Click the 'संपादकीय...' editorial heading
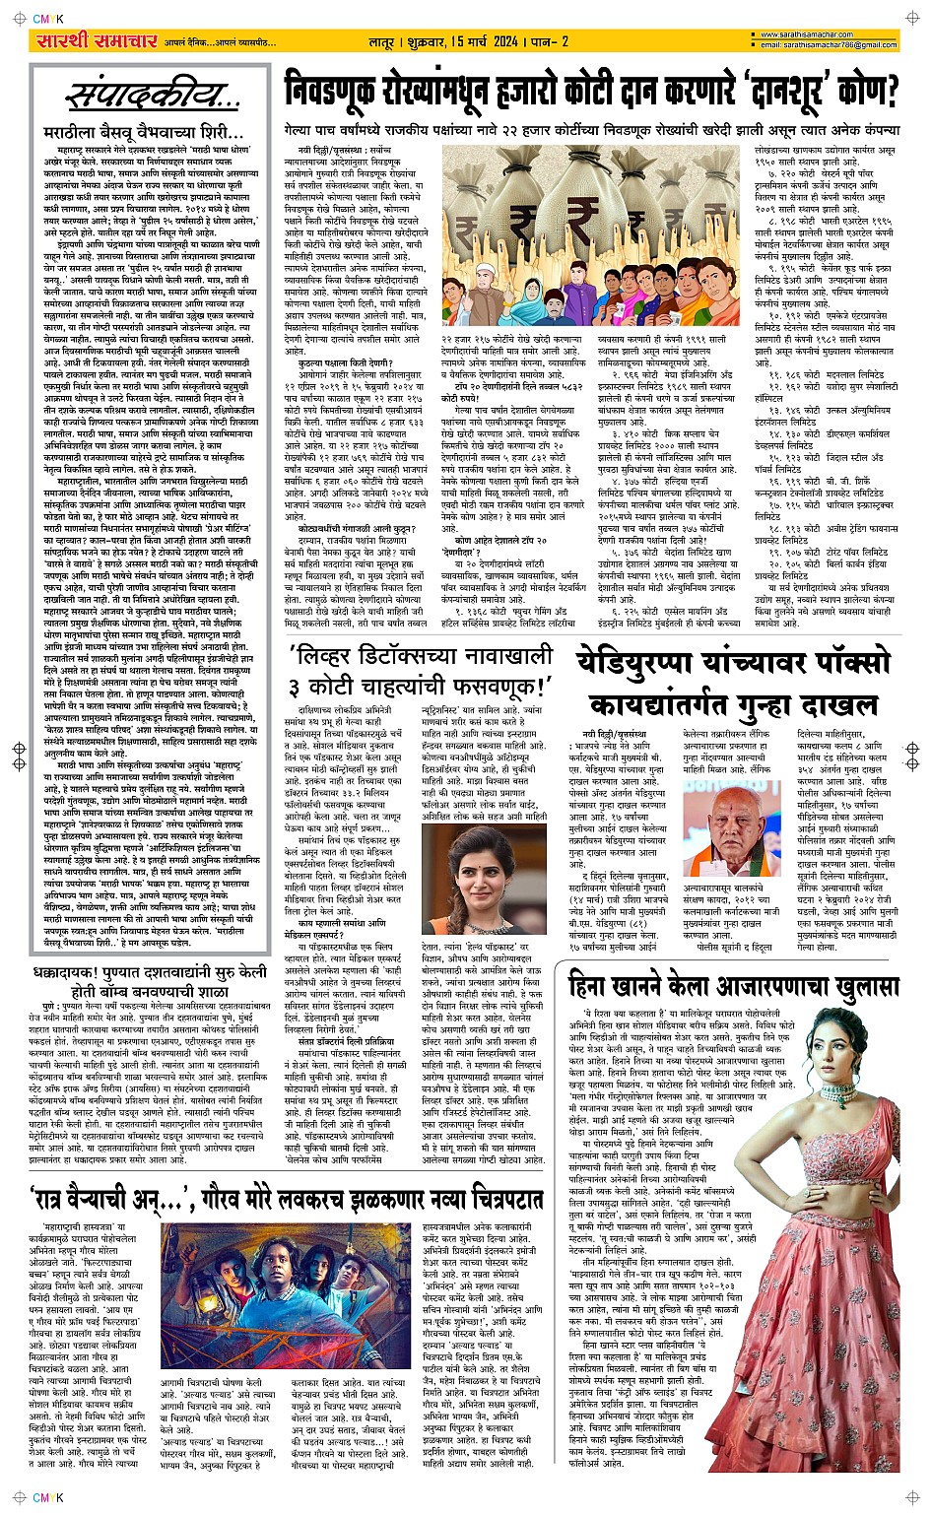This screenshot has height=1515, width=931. coord(154,96)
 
